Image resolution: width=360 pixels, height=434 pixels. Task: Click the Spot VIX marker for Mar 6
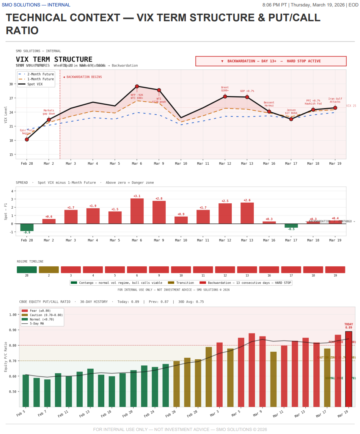(137, 86)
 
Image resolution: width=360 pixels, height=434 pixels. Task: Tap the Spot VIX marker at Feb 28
(27, 140)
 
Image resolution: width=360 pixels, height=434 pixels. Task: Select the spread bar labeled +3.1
(137, 211)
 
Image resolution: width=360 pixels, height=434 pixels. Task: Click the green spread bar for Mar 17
(291, 226)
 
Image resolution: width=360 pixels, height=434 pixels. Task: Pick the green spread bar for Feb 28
(27, 227)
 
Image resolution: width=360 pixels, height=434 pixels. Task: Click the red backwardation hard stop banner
(271, 61)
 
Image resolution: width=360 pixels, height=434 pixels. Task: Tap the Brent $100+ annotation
(225, 89)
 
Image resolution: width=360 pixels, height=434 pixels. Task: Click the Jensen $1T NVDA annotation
(291, 112)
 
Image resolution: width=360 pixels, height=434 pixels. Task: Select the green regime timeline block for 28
(27, 270)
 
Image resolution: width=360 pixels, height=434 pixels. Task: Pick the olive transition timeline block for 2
(49, 270)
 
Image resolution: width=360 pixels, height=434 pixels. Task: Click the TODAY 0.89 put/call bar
(349, 369)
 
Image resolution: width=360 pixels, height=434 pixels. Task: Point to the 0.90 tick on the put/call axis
(13, 330)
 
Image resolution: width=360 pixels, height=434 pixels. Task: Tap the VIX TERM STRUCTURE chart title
(54, 60)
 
